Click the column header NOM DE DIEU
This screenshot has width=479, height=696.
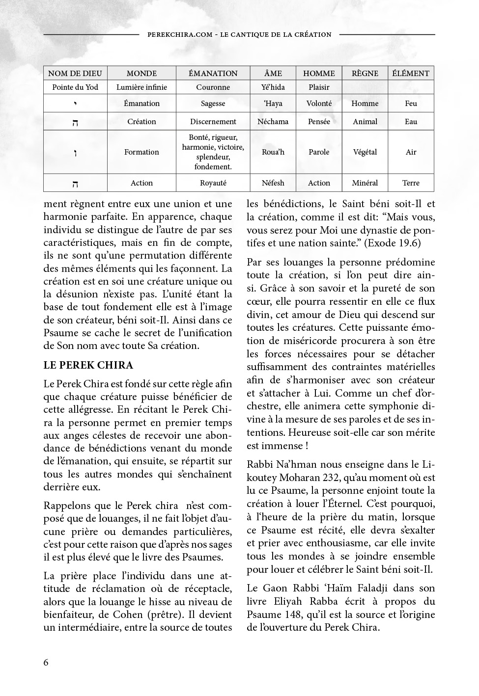point(75,74)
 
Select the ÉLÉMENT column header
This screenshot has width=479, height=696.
point(411,74)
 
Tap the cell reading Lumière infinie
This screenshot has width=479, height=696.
point(141,87)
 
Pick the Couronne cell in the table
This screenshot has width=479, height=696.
point(213,87)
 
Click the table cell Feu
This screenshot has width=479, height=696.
point(411,104)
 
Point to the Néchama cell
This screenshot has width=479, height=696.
point(273,122)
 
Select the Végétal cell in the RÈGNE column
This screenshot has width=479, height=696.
point(365,152)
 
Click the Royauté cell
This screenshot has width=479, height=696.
point(213,183)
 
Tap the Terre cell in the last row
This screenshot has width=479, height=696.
point(411,183)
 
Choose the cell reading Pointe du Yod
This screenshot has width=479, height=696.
point(75,87)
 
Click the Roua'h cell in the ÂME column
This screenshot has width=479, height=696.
point(273,152)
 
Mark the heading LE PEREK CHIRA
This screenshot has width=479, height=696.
point(88,366)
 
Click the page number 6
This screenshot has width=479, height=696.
point(46,662)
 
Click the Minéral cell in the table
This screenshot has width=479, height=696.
point(365,183)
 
